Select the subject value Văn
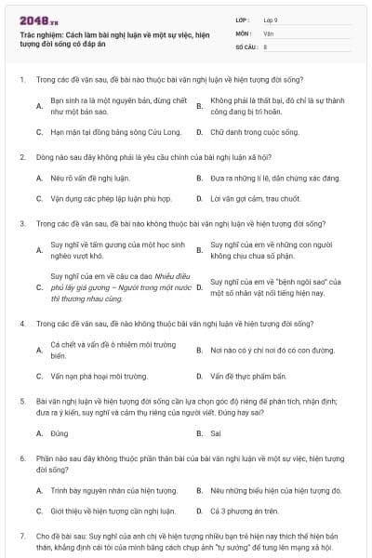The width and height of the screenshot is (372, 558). (269, 32)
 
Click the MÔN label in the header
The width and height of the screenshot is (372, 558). (244, 32)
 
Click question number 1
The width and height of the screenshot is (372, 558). (21, 79)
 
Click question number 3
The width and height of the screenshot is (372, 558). (21, 223)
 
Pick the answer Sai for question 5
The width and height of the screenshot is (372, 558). (216, 432)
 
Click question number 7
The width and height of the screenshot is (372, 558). (21, 536)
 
